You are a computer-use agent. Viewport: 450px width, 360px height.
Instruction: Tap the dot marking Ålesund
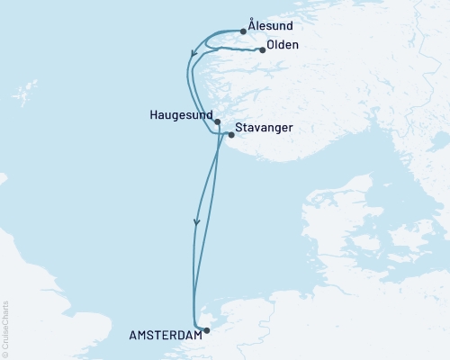pos(244,31)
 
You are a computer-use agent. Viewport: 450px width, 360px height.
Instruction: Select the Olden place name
pos(284,47)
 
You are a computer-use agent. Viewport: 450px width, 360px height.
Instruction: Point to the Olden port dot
pos(263,49)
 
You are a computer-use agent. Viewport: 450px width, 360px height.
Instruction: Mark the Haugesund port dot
pos(217,121)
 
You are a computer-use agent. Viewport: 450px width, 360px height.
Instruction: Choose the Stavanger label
pos(266,130)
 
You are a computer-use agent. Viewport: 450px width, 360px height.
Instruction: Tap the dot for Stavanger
pos(231,135)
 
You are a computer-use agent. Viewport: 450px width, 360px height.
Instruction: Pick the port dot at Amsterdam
pos(206,330)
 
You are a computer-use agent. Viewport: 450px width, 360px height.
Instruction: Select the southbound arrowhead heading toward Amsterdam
pos(195,222)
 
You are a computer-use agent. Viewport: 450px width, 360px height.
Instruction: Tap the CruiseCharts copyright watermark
pos(6,329)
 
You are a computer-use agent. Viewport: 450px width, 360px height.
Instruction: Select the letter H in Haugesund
pos(155,116)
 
